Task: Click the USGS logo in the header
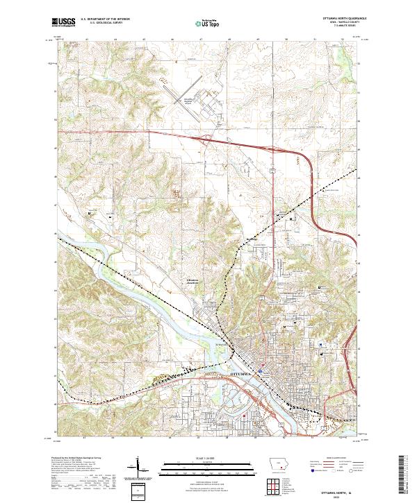pyautogui.click(x=65, y=22)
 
